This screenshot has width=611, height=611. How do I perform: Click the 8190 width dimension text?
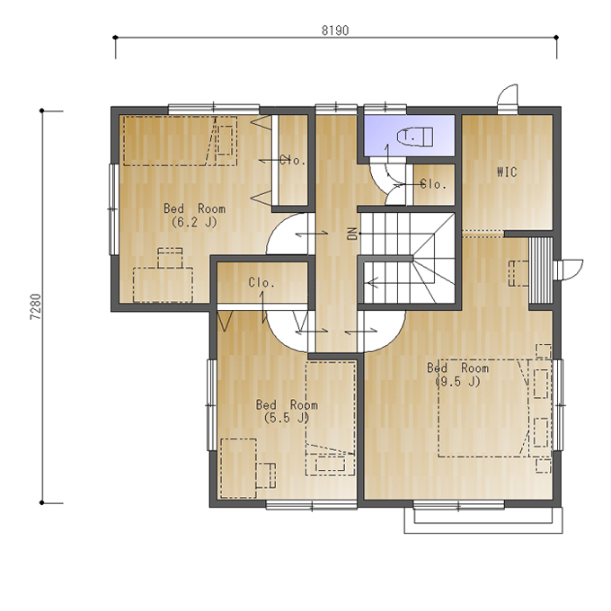tap(335, 31)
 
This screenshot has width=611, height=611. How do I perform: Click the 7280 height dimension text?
tap(35, 306)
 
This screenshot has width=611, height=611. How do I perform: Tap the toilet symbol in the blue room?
tap(415, 137)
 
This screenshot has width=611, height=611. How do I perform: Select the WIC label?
tap(507, 172)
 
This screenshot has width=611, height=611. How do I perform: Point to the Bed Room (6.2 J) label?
tap(194, 215)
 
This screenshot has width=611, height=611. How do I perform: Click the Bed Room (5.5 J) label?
tap(287, 412)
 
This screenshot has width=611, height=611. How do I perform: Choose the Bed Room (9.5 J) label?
tap(458, 375)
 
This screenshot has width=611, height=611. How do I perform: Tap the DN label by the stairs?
tap(352, 234)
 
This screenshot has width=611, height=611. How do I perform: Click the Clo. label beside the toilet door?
tap(433, 184)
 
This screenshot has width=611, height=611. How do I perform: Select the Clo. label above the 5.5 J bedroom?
tap(261, 282)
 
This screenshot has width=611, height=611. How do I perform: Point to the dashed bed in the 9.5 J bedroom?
tap(483, 408)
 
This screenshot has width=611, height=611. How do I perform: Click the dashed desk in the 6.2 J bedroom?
tap(163, 285)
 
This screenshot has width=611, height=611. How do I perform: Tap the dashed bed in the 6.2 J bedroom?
tap(180, 141)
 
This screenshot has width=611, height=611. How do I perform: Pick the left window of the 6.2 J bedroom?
tap(113, 209)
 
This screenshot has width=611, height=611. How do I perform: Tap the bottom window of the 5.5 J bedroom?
tap(312, 506)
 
